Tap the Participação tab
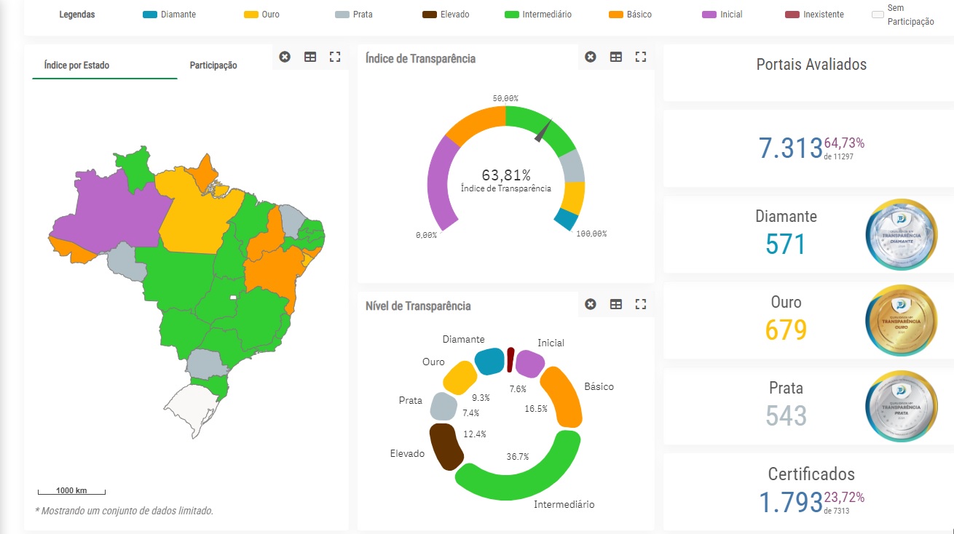[213, 65]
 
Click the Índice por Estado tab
[76, 65]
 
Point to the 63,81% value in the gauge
[506, 175]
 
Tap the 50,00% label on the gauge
[505, 98]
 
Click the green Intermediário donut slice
[524, 480]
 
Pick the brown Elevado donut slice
[445, 446]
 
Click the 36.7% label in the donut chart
[518, 457]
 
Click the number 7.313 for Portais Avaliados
[790, 148]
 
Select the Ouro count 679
[786, 330]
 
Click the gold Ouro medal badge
[901, 320]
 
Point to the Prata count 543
[786, 415]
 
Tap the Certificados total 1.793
[790, 503]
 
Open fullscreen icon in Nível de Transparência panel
[641, 304]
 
